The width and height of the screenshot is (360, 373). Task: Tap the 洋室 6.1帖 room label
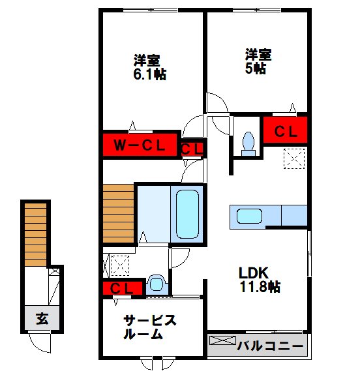149,67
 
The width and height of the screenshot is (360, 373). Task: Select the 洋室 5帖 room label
256,60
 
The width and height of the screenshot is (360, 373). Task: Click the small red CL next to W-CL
192,149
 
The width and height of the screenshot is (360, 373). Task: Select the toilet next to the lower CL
156,283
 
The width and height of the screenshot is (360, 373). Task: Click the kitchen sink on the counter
248,216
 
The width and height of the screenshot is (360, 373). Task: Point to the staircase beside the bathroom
118,213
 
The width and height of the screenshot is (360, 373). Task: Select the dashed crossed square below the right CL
294,158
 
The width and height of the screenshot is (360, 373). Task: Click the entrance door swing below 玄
40,342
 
